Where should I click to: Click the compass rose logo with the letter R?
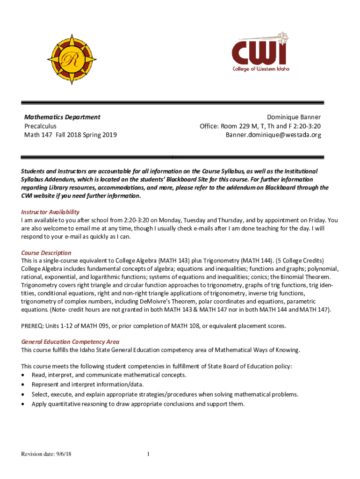point(72,59)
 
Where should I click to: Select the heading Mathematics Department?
point(62,117)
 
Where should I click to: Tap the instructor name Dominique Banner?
point(294,117)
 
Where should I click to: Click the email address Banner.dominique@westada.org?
point(274,135)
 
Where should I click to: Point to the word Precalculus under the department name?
point(40,126)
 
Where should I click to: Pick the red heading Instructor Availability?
point(50,212)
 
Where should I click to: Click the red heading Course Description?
point(46,253)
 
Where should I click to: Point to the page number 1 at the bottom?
point(148,454)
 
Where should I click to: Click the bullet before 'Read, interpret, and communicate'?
point(23,375)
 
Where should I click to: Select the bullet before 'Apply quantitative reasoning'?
point(23,404)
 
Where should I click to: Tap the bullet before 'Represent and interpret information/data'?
point(23,385)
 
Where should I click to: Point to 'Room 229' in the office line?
point(234,126)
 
